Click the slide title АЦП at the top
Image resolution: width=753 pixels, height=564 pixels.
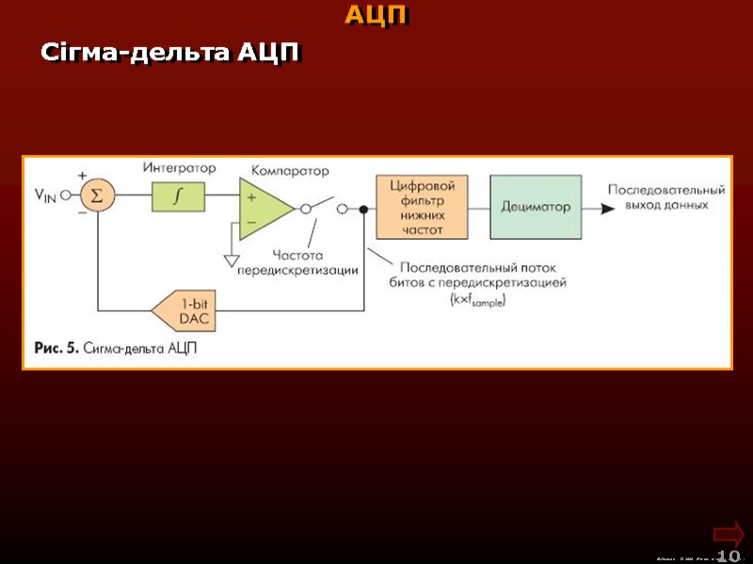pos(376,16)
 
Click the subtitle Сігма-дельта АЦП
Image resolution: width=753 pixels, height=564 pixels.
pos(169,54)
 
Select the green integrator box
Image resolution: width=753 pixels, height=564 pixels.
pos(177,196)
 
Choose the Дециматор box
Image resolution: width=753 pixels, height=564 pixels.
pos(536,207)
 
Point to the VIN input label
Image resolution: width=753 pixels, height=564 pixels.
pos(46,196)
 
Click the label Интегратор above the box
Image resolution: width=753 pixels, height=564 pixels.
pos(179,168)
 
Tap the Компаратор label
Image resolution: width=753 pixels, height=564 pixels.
pos(290,171)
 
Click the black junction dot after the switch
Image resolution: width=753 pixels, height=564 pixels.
pos(363,210)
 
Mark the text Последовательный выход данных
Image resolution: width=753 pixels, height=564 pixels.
pos(665,196)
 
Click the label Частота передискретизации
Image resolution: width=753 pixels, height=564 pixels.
pos(297,262)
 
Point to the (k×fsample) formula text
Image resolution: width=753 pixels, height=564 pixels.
pos(478,300)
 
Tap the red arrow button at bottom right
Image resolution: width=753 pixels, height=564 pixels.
pos(729,533)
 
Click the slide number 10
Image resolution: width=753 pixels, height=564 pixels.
pos(729,556)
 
